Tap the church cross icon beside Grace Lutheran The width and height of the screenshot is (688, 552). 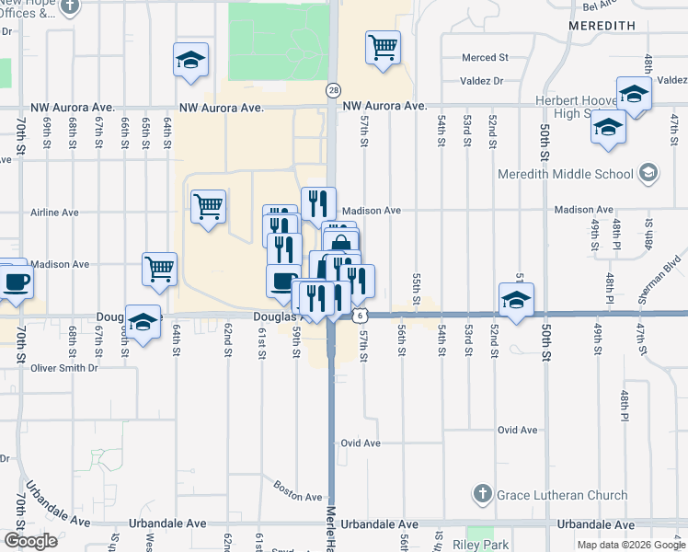point(483,494)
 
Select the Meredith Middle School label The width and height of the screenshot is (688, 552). point(565,174)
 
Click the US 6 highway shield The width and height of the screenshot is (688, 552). point(357,315)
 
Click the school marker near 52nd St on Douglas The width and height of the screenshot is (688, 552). point(517,299)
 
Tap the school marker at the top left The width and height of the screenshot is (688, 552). point(191,61)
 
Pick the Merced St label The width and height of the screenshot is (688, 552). point(487,58)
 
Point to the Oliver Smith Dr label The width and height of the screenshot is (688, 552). point(64,368)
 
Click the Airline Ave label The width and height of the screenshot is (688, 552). point(54,213)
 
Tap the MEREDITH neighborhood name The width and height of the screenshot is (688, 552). point(602,26)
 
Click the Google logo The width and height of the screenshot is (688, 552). point(30,541)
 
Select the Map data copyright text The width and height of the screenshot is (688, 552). point(630,545)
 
